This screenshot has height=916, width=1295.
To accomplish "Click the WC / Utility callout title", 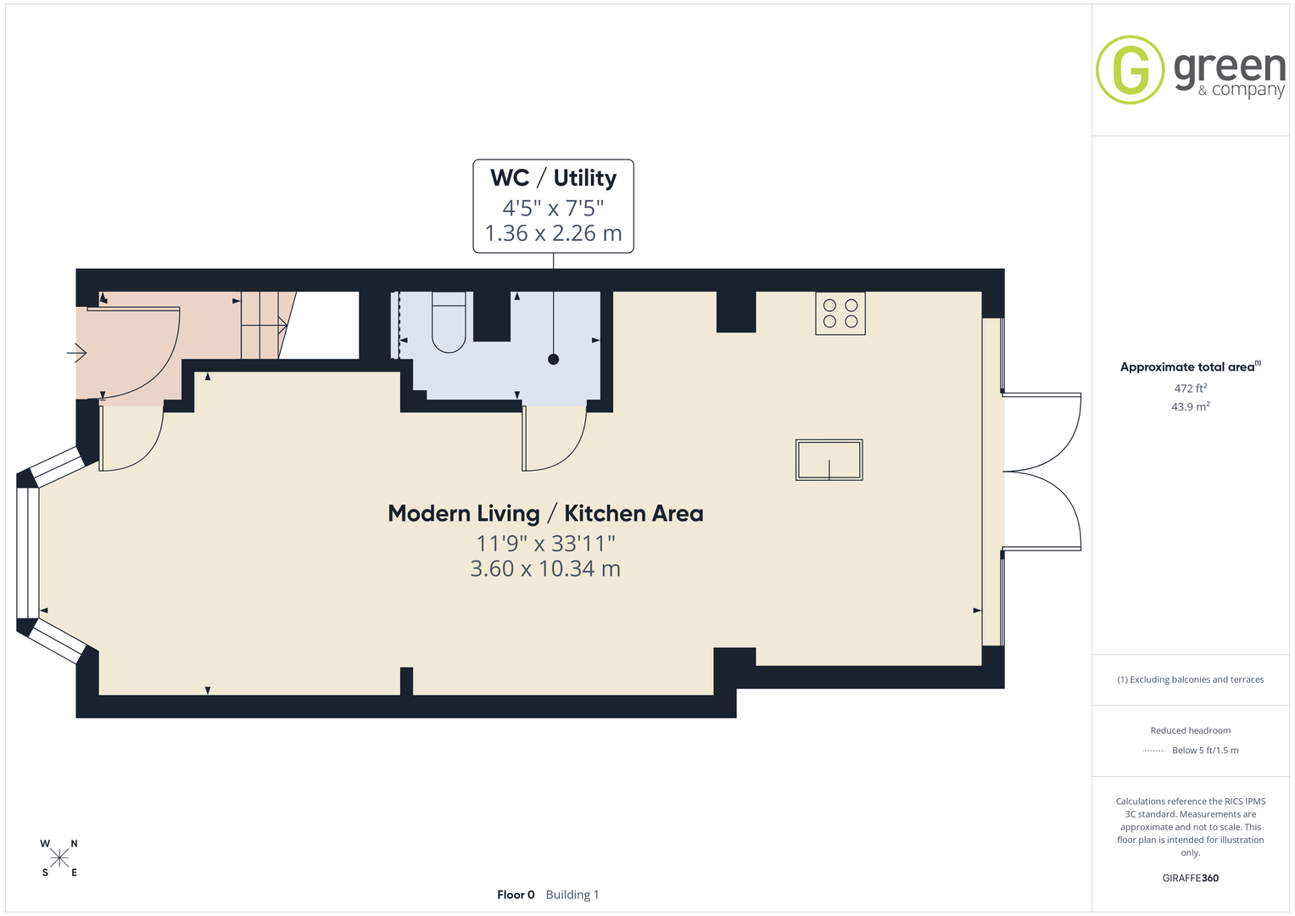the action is [x=553, y=178].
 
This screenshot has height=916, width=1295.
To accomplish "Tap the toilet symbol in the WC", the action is [x=449, y=322].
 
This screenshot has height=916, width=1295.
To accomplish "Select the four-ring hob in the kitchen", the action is [x=840, y=314].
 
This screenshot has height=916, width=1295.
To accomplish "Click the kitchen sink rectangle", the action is [x=829, y=460].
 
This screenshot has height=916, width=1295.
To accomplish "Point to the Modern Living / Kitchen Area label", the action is [x=545, y=513].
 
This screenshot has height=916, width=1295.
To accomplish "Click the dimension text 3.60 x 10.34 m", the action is [x=545, y=568].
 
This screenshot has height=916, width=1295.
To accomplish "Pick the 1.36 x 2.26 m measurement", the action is [x=553, y=233].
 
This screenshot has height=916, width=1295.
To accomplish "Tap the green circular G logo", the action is [x=1130, y=70].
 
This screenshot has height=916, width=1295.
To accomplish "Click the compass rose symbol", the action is [x=59, y=858].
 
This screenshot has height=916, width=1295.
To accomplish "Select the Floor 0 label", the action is [x=516, y=895].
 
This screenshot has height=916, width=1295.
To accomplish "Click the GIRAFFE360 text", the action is [x=1191, y=878].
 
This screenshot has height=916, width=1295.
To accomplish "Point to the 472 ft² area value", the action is [x=1191, y=388].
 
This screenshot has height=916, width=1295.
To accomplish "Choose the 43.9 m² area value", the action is [x=1191, y=406].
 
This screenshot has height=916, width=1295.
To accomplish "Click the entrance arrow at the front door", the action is [x=76, y=352].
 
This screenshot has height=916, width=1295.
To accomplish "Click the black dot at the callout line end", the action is [x=553, y=359].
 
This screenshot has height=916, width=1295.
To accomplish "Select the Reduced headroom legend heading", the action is [x=1191, y=730].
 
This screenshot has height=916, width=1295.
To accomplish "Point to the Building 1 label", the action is [x=572, y=895].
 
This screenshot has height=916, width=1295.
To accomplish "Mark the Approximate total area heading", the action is [x=1191, y=366].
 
